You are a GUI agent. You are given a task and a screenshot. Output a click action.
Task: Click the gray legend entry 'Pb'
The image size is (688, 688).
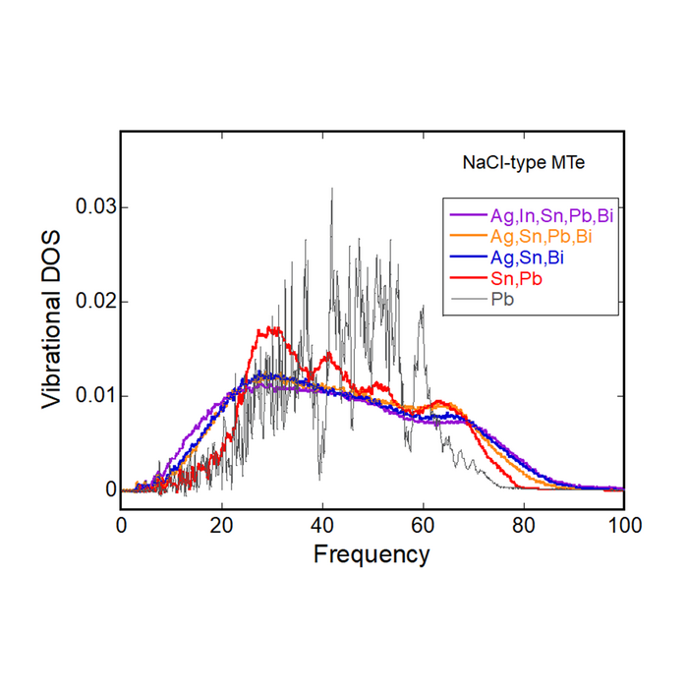coord(502,299)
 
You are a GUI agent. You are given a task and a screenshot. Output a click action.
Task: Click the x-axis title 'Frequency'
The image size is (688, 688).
coord(372,554)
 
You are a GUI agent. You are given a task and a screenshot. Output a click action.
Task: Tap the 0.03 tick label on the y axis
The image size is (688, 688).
coord(95,207)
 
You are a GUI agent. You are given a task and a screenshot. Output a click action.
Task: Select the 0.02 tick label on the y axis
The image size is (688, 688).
coord(95,301)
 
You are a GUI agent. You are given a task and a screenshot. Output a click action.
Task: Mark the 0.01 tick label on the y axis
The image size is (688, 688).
coord(95,395)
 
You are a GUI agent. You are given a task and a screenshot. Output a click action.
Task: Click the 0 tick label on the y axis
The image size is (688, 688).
coord(110,489)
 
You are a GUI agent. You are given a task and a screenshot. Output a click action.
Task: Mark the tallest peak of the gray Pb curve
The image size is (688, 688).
coord(331,190)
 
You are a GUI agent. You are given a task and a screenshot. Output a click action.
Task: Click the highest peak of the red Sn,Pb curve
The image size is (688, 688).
coord(274,328)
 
